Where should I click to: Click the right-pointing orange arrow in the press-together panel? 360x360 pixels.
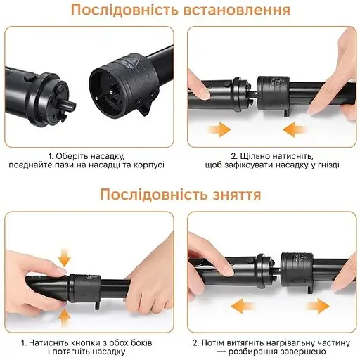pos(219,129)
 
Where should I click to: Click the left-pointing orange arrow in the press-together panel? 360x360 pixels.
pos(295,129)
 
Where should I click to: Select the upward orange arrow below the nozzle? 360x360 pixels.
pos(64,319)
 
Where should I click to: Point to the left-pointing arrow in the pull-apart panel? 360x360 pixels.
pos(243,306)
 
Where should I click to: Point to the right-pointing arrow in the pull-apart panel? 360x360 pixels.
pos(319,306)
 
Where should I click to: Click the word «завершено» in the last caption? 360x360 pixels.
pos(304,352)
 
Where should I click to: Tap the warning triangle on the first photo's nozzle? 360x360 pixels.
pos(135,61)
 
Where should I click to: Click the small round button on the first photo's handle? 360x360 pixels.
pos(30,77)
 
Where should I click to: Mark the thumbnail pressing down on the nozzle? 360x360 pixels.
pos(62,271)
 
